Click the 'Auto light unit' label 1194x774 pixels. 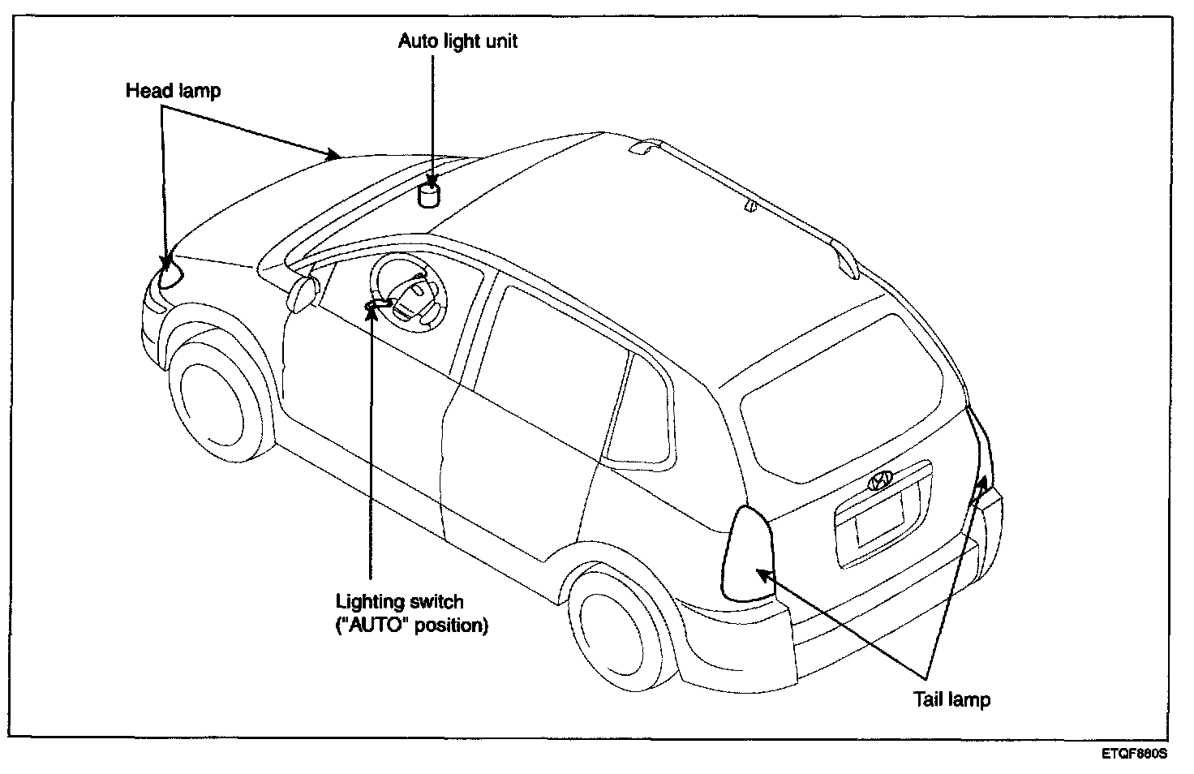457,41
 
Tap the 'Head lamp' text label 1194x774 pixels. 173,90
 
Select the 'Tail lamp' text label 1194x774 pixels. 951,699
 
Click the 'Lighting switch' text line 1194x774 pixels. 400,602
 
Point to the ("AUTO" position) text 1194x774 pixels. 412,626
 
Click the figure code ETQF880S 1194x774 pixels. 1133,754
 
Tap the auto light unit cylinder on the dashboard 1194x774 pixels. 428,196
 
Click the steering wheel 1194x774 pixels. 410,290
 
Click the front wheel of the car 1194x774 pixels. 213,396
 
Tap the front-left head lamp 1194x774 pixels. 170,273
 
